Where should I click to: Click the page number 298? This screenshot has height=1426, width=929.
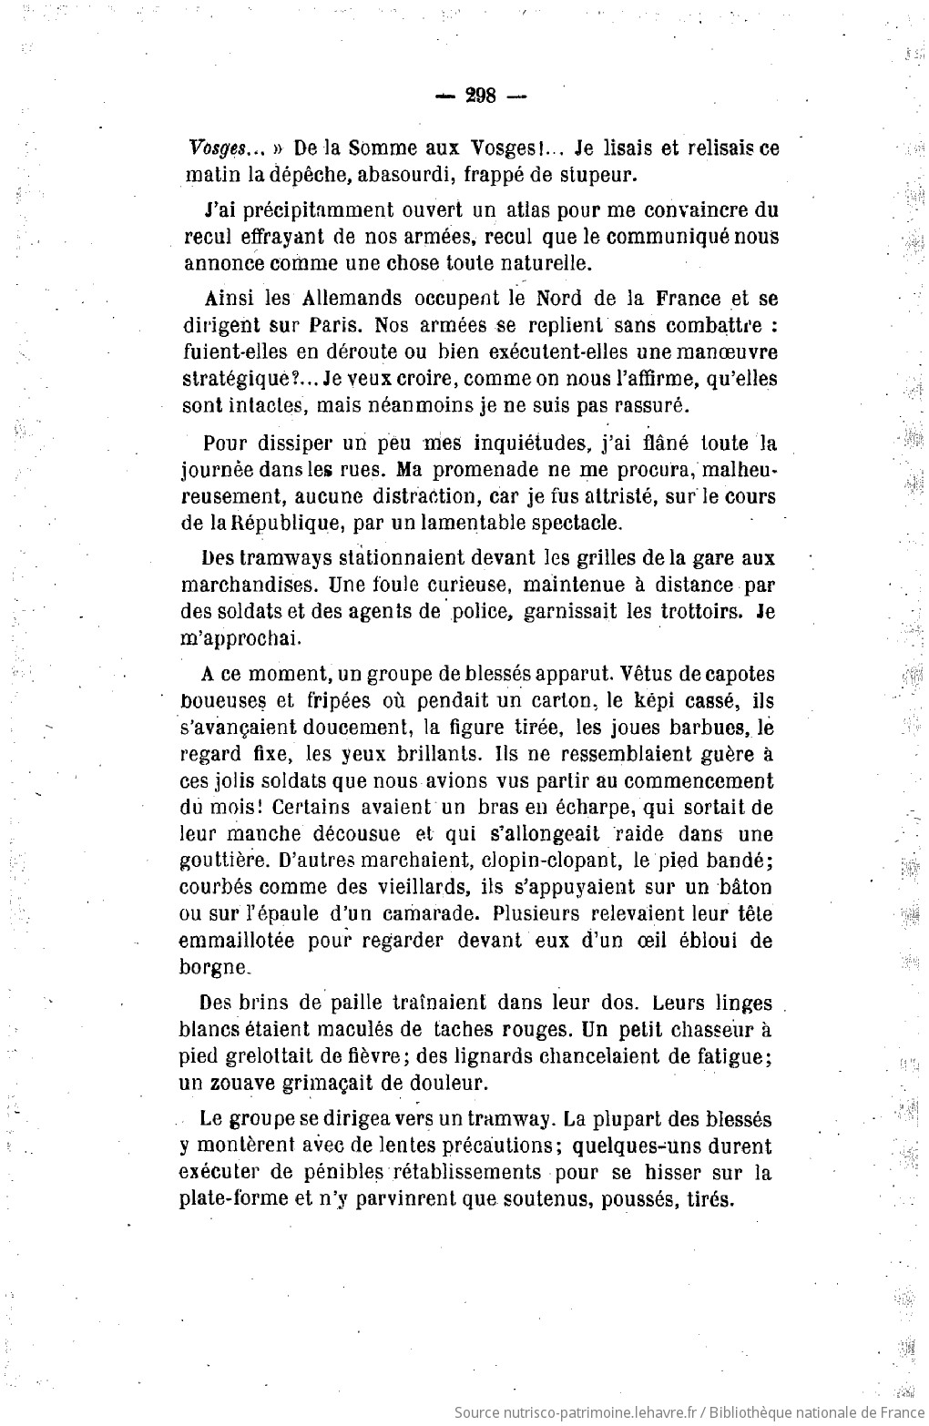tap(479, 96)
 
